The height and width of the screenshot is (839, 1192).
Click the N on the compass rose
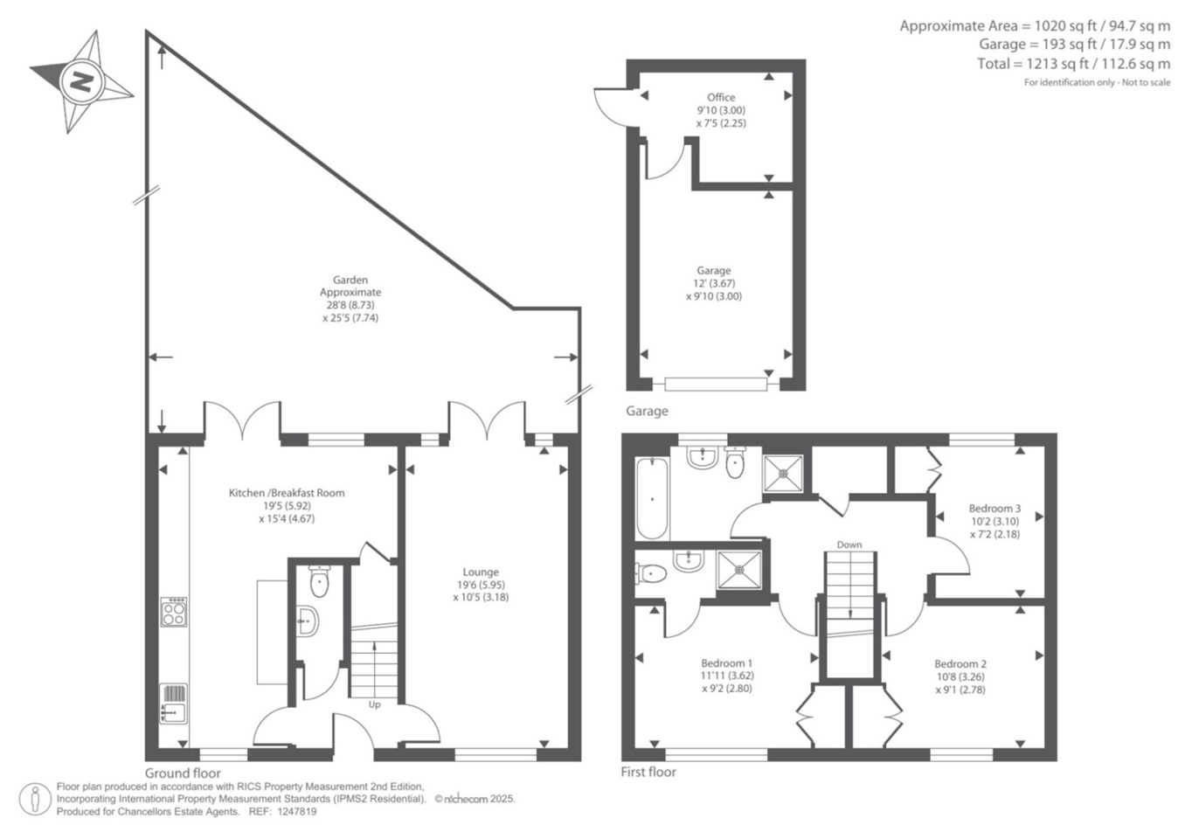coord(82,82)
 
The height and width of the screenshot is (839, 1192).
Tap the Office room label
coord(721,97)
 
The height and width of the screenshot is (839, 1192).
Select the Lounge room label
coord(481,572)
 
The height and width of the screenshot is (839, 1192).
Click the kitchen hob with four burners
coord(174,611)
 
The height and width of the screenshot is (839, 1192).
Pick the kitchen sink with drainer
coord(174,704)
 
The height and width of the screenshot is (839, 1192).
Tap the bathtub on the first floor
coord(652,498)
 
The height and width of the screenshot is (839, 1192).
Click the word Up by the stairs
coord(375,704)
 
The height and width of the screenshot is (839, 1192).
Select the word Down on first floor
coord(849,544)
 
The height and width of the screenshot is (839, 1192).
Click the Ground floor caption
coord(183,773)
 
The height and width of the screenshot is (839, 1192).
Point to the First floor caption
coord(648,772)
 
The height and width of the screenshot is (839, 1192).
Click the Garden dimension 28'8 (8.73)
coord(350,305)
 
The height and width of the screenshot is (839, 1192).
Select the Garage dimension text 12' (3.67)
coord(714,283)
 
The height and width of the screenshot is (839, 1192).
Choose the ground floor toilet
coord(319,581)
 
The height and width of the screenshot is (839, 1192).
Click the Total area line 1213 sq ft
coord(1074,64)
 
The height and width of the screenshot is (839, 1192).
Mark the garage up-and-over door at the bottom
coord(717,384)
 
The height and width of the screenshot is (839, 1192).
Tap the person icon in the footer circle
coord(35,799)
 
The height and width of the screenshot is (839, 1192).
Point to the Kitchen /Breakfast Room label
coord(287,493)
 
